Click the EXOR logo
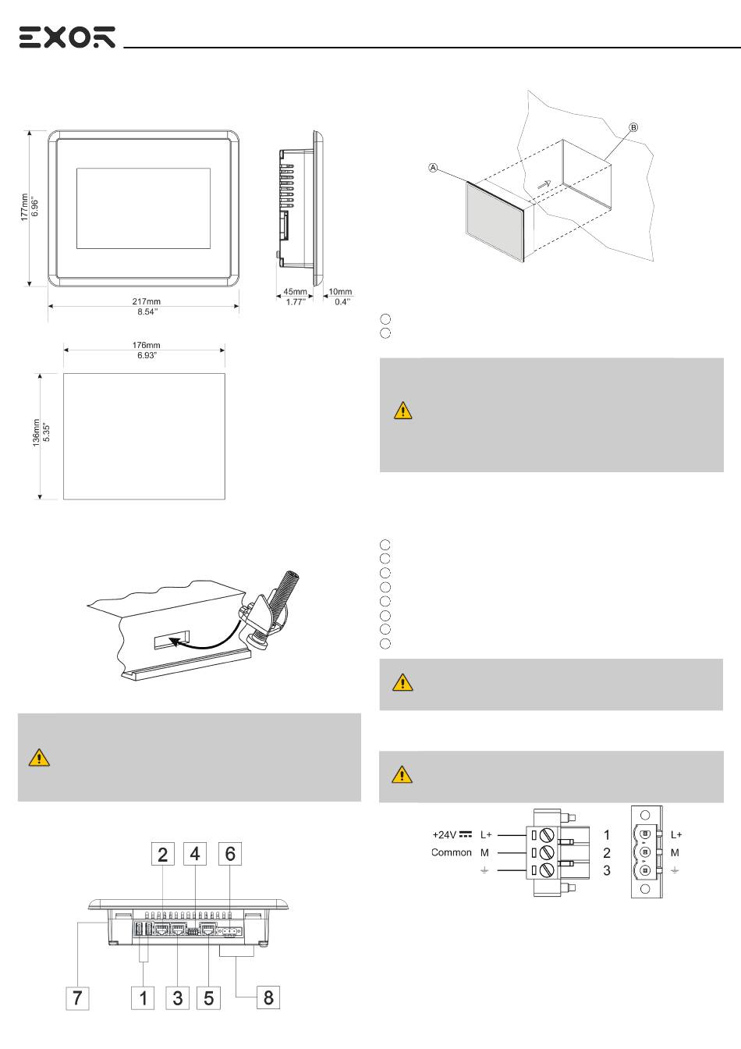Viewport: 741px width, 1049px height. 67,37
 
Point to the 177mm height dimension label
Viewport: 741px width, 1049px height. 24,207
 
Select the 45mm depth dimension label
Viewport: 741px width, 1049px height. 295,292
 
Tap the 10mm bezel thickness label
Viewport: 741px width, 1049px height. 341,292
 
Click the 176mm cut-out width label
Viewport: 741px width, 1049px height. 144,346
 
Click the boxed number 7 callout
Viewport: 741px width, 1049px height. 77,997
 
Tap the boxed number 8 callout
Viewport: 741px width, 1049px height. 269,997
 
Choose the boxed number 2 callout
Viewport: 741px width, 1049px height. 162,854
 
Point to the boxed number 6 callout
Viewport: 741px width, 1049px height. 230,854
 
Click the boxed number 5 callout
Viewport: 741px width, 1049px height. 208,997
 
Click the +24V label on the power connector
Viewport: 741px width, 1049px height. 445,834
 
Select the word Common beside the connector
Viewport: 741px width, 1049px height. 450,852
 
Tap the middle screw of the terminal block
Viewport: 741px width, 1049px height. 546,852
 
